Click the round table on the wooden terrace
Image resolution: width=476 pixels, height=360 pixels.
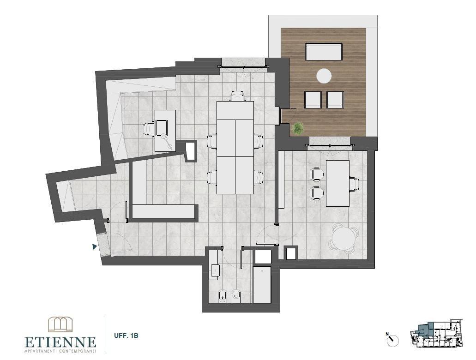[324, 76]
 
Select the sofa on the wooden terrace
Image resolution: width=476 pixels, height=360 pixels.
[324, 52]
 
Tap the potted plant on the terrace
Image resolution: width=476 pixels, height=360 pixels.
[298, 128]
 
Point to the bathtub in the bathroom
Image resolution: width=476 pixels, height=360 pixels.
[262, 284]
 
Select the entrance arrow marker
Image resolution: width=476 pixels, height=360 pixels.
[95, 247]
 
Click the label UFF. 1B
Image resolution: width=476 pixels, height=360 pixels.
[126, 336]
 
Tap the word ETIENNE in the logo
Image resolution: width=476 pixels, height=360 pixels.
[60, 342]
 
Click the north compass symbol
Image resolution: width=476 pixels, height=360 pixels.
[392, 340]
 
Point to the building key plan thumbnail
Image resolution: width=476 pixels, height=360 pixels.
[436, 333]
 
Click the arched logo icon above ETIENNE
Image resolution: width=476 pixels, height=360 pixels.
[60, 324]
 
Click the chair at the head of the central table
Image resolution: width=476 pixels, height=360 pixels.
[237, 96]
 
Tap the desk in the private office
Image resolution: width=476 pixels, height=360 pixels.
[337, 183]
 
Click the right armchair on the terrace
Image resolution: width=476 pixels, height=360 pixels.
[335, 99]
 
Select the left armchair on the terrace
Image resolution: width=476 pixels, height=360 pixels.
[313, 99]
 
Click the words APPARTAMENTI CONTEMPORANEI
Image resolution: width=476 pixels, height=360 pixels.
[60, 352]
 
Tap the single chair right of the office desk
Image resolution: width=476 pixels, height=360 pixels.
[354, 183]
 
